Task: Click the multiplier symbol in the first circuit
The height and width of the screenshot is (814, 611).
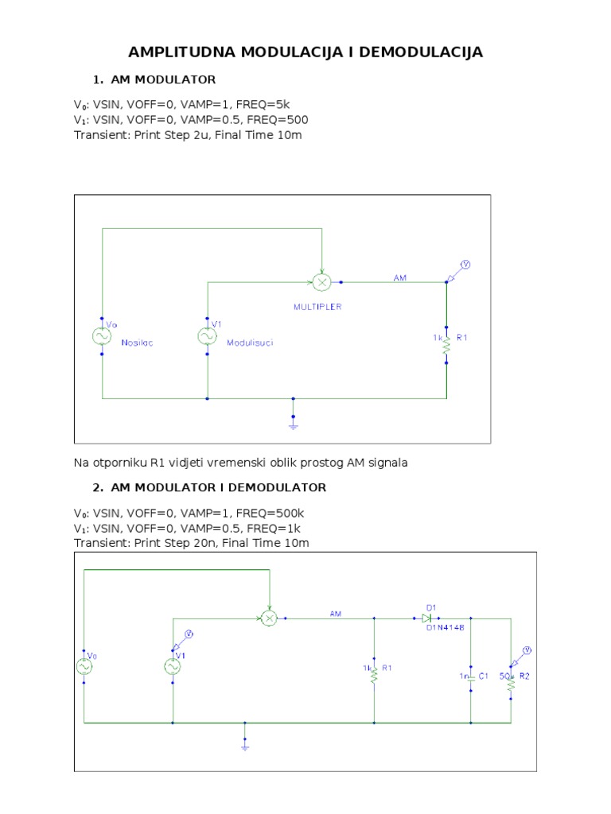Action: [322, 282]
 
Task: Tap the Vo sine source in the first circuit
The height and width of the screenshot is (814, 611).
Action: [103, 337]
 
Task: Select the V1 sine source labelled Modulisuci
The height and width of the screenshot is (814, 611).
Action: [208, 337]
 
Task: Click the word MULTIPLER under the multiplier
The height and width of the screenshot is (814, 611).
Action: [317, 307]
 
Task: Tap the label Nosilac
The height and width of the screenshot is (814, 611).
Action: [136, 343]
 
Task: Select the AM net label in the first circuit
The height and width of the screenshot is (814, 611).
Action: [400, 277]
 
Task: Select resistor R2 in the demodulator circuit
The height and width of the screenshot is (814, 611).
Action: [511, 677]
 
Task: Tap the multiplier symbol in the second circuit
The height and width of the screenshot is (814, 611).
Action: [269, 618]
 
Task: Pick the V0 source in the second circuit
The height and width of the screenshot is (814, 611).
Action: [84, 666]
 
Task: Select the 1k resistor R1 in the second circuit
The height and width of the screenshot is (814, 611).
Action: [374, 672]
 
